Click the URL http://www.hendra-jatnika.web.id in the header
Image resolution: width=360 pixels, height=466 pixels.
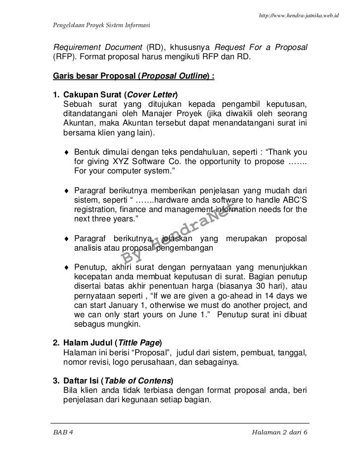[x=298, y=16]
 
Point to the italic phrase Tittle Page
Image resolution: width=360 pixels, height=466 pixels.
[x=138, y=342]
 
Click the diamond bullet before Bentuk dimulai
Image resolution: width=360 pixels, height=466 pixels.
[x=66, y=151]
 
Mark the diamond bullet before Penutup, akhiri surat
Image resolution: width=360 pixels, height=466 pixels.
[x=66, y=267]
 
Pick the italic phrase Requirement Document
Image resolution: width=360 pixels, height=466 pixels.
[x=97, y=47]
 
